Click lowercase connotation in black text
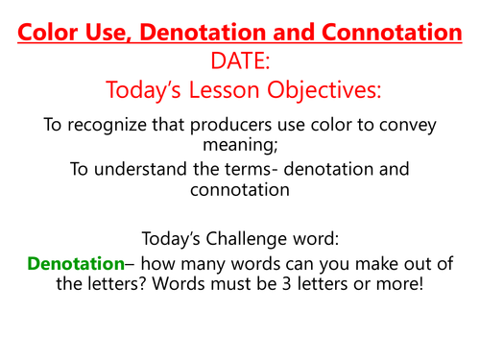click(x=239, y=190)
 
